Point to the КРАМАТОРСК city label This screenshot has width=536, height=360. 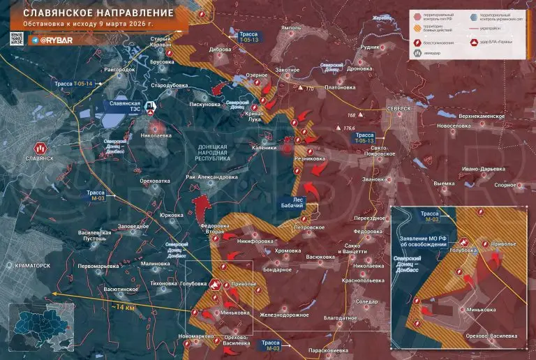tap(28, 266)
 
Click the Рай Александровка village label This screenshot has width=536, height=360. tap(211, 177)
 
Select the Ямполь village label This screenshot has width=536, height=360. tap(290, 46)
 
